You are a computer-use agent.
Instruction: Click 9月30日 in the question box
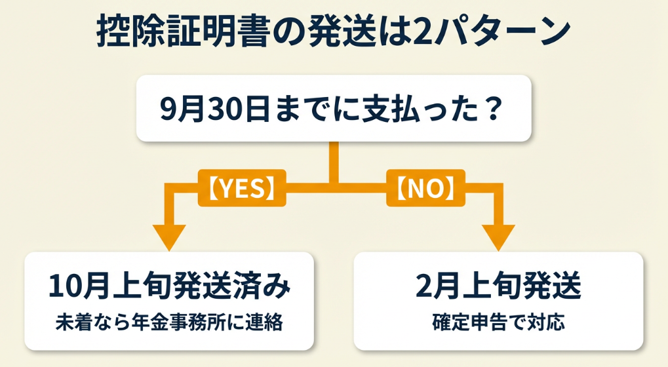coord(204,109)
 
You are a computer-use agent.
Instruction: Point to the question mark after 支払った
coord(494,109)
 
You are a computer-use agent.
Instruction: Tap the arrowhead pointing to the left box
coord(169,236)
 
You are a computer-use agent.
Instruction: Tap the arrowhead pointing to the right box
coord(500,236)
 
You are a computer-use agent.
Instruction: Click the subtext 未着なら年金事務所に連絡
coord(169,322)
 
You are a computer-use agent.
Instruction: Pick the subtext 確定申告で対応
coord(498,322)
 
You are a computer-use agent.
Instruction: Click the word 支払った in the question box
coord(417,109)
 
